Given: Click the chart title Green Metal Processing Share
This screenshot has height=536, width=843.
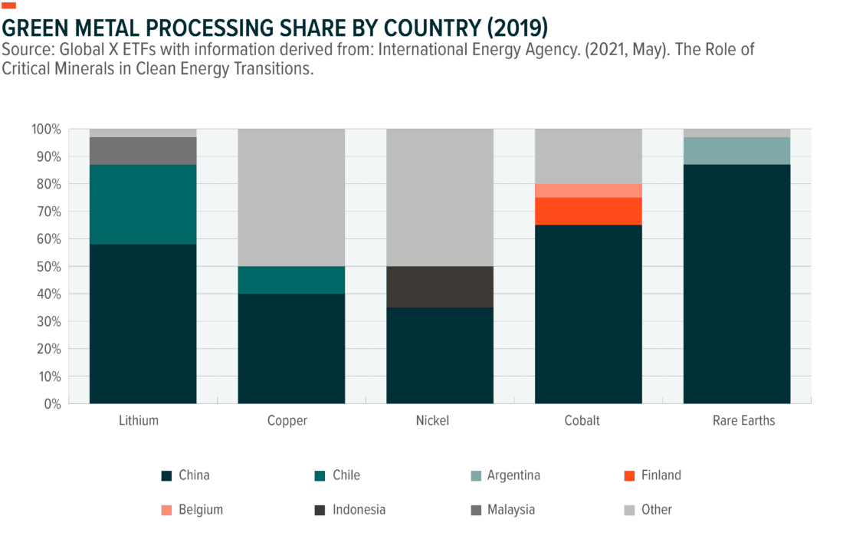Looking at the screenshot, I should tap(276, 28).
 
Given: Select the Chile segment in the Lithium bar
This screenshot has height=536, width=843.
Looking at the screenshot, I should tap(143, 204).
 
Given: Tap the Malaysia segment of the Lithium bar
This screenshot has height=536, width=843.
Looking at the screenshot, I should tap(143, 151).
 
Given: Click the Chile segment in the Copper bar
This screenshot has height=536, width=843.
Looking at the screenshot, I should tap(291, 280).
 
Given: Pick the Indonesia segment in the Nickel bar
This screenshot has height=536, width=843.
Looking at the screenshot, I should tap(440, 287).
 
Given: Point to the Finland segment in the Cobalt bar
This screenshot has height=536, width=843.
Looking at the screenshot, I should tap(588, 211).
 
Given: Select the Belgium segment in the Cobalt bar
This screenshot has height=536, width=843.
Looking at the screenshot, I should tap(588, 190).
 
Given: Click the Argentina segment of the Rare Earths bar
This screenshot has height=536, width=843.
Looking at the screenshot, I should tap(736, 150).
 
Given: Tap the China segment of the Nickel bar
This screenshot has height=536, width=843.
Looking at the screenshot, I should tap(440, 355).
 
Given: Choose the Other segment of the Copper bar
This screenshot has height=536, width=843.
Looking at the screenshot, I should tap(291, 197).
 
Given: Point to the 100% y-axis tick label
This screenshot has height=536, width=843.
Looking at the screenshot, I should tap(45, 129).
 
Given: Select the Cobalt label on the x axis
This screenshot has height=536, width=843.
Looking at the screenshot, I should tap(582, 421).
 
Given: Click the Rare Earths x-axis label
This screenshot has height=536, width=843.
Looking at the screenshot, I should tap(743, 421).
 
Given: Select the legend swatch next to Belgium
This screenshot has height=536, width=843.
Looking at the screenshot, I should tap(166, 510).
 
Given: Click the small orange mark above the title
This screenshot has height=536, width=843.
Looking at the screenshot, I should tap(8, 5).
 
